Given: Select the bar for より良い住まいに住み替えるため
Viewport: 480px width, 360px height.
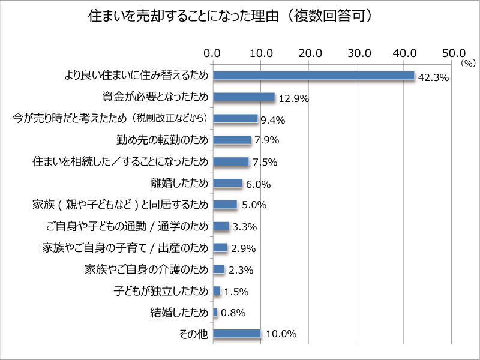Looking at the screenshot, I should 313,75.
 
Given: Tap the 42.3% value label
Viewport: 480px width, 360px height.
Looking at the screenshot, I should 433,77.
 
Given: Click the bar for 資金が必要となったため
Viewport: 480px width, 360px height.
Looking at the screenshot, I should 243,97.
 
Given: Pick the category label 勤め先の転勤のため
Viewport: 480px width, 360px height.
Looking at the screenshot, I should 163,140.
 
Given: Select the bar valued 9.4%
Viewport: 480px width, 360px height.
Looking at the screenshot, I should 235,118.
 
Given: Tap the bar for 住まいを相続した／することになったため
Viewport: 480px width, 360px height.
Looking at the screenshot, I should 230,161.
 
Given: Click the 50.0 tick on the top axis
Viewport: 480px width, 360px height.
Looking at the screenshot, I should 454,53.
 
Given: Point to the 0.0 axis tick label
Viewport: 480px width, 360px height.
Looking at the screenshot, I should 212,53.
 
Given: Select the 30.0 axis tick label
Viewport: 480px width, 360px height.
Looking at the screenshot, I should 357,53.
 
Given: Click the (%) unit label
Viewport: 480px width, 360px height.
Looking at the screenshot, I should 468,62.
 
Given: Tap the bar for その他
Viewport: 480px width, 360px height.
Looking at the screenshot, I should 236,334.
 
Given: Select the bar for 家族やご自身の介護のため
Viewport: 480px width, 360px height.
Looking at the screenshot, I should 218,269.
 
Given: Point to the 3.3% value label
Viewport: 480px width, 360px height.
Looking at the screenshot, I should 245,227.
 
